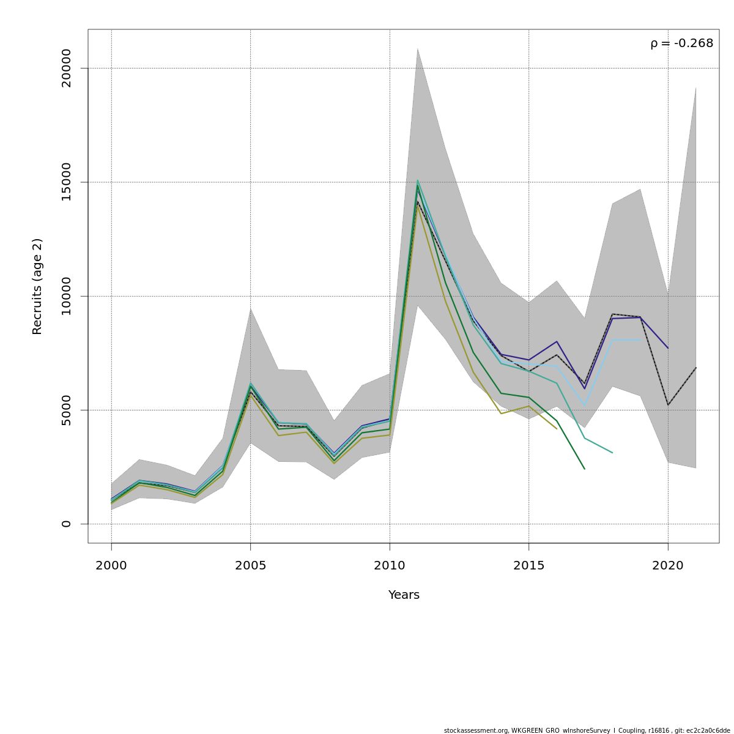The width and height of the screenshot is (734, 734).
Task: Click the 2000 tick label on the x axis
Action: pyautogui.click(x=111, y=566)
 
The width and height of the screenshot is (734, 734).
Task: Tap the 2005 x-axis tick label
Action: pyautogui.click(x=251, y=566)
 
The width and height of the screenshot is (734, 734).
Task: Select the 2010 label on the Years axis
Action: pyautogui.click(x=390, y=566)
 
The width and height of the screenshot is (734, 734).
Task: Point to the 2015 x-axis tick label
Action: pyautogui.click(x=529, y=566)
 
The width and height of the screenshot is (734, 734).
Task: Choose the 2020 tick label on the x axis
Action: pyautogui.click(x=668, y=566)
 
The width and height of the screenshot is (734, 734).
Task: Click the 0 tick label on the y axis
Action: pyautogui.click(x=66, y=524)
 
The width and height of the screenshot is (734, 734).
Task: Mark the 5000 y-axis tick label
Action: pyautogui.click(x=66, y=410)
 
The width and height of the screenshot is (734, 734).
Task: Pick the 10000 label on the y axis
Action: pyautogui.click(x=66, y=296)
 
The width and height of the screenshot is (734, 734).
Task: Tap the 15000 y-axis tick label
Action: pyautogui.click(x=66, y=182)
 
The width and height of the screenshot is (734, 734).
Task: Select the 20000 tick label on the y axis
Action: pyautogui.click(x=66, y=68)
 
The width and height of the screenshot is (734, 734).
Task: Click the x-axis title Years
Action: pyautogui.click(x=404, y=595)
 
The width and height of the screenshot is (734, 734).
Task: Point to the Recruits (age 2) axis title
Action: pyautogui.click(x=37, y=286)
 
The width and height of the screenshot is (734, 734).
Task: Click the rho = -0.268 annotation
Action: pyautogui.click(x=681, y=43)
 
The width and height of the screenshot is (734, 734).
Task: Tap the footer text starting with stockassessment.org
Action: pyautogui.click(x=587, y=730)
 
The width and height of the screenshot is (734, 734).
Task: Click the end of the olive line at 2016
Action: pyautogui.click(x=557, y=428)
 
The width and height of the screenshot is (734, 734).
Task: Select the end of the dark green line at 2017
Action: pyautogui.click(x=584, y=469)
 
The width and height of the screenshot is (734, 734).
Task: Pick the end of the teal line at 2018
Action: pyautogui.click(x=612, y=453)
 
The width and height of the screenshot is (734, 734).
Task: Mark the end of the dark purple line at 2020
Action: pyautogui.click(x=668, y=348)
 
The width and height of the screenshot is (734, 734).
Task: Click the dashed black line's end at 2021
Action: pyautogui.click(x=695, y=368)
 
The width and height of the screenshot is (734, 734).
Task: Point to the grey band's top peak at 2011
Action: pyautogui.click(x=418, y=48)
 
